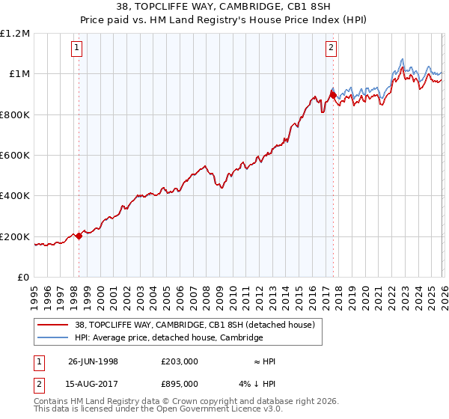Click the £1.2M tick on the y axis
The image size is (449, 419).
15,33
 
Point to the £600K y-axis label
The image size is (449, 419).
14,155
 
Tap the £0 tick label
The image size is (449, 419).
22,278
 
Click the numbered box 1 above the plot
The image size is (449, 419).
79,49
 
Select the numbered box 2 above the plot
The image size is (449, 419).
331,49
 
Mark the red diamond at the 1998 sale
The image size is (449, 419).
79,236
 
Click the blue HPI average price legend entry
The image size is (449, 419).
168,337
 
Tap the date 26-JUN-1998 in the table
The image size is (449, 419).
93,361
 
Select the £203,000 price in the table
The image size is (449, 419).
179,361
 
